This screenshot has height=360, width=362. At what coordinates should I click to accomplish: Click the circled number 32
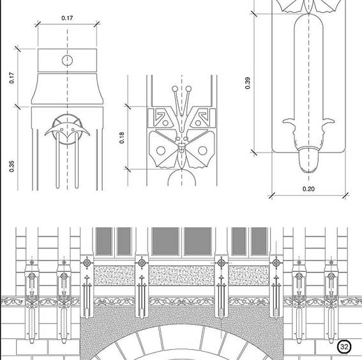[x=344, y=347]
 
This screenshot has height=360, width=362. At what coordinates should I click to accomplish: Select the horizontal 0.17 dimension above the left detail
[x=67, y=18]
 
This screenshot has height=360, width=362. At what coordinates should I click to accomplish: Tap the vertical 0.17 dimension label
[x=11, y=78]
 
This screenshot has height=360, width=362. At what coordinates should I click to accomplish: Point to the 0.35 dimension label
[x=11, y=166]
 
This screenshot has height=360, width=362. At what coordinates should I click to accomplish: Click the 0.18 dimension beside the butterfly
[x=122, y=138]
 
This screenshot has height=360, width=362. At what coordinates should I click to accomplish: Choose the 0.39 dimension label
[x=248, y=83]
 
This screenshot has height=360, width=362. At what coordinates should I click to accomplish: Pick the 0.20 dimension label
[x=308, y=189]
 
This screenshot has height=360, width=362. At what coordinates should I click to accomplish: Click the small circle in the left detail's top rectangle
[x=67, y=61]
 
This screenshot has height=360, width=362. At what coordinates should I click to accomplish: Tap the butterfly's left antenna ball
[x=175, y=89]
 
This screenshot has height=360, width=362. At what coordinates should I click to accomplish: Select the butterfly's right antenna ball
[x=188, y=89]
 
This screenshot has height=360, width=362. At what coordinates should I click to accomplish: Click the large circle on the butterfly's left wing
[x=161, y=151]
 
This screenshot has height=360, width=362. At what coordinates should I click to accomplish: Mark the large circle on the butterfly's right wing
[x=202, y=151]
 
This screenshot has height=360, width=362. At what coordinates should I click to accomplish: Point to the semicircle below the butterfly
[x=182, y=170]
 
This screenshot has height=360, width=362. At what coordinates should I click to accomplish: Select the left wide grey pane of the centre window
[x=165, y=241]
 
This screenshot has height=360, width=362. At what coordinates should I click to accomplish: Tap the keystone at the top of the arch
[x=182, y=336]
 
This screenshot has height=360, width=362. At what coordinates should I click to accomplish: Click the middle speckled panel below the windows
[x=181, y=276]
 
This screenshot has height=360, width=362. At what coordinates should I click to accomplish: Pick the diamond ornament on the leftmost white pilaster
[x=87, y=263]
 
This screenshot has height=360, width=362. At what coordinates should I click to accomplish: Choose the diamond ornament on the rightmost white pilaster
[x=276, y=263]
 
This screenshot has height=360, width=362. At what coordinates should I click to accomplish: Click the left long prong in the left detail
[x=57, y=160]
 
